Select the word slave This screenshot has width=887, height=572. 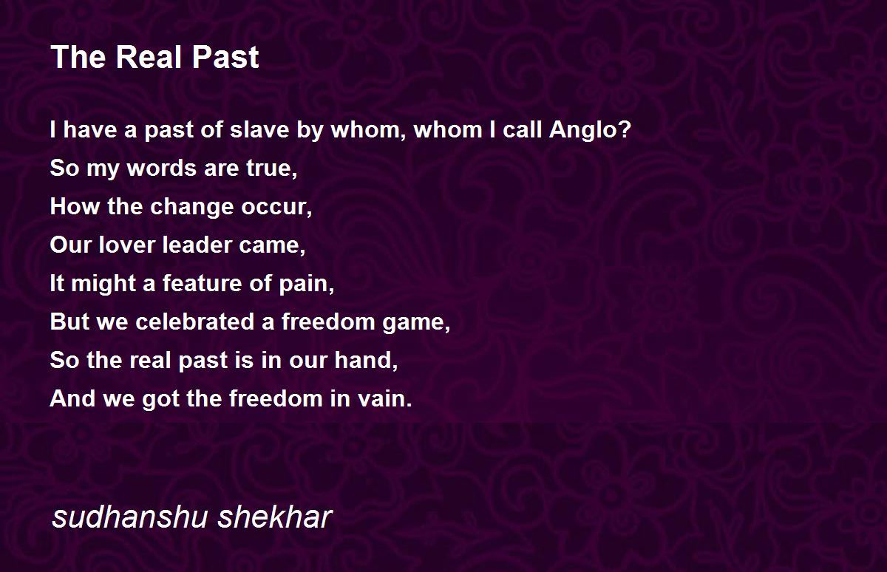[259, 130]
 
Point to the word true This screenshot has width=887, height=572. [272, 168]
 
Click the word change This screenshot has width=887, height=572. [192, 207]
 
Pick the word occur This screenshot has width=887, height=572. [276, 208]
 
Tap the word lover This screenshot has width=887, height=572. [126, 245]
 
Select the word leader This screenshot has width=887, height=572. [197, 245]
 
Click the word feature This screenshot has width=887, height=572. [202, 284]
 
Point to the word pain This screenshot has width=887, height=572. [307, 284]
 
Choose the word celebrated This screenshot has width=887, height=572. [195, 321]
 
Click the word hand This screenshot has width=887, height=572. [366, 360]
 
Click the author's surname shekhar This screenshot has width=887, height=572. [275, 517]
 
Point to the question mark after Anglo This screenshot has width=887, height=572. [623, 129]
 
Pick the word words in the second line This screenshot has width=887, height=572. [162, 168]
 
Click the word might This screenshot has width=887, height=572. [103, 285]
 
